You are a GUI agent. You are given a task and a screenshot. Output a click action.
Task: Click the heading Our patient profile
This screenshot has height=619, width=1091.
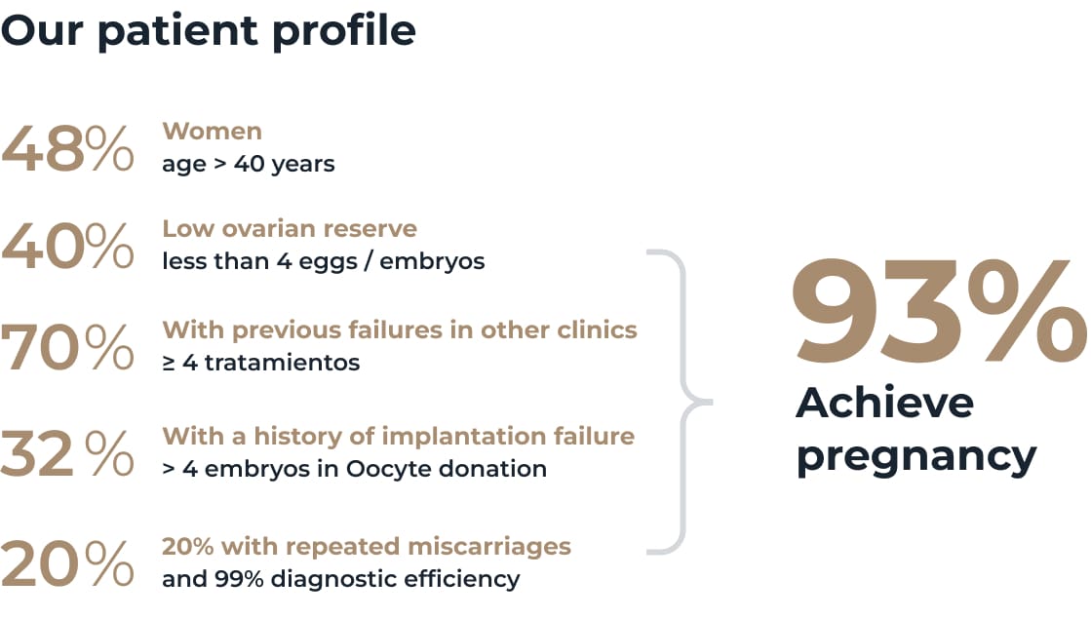tap(208, 31)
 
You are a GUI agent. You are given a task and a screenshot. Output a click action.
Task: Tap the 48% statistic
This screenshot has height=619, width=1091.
tap(67, 148)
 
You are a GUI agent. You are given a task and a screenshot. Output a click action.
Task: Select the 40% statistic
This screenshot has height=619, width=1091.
tap(67, 246)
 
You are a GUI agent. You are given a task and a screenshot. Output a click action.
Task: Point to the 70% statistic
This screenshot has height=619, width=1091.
tap(67, 346)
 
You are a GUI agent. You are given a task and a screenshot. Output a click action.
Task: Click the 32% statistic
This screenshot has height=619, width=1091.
tap(67, 452)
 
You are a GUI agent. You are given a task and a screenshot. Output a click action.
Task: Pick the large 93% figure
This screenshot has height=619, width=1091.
tap(939, 310)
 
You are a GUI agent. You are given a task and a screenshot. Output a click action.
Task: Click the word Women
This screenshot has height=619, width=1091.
tap(213, 131)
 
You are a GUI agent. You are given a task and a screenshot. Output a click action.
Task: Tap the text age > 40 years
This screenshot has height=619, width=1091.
tap(249, 164)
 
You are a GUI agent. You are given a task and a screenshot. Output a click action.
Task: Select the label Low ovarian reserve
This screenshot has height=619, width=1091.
tap(290, 228)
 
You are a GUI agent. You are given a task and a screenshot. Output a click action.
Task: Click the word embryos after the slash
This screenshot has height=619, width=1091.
tap(432, 261)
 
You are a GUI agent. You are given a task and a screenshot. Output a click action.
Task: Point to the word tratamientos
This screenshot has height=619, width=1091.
tap(282, 363)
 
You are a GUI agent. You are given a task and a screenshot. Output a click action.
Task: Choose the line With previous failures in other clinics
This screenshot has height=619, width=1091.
tap(400, 329)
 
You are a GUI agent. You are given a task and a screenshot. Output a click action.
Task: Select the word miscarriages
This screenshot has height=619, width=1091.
tap(489, 547)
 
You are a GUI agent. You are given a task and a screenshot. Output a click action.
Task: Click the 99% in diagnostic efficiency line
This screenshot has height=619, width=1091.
tap(239, 579)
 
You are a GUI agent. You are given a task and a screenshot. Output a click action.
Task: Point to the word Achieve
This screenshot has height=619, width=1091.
tap(884, 403)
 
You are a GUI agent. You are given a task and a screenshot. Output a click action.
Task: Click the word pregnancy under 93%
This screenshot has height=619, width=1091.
tap(916, 457)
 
